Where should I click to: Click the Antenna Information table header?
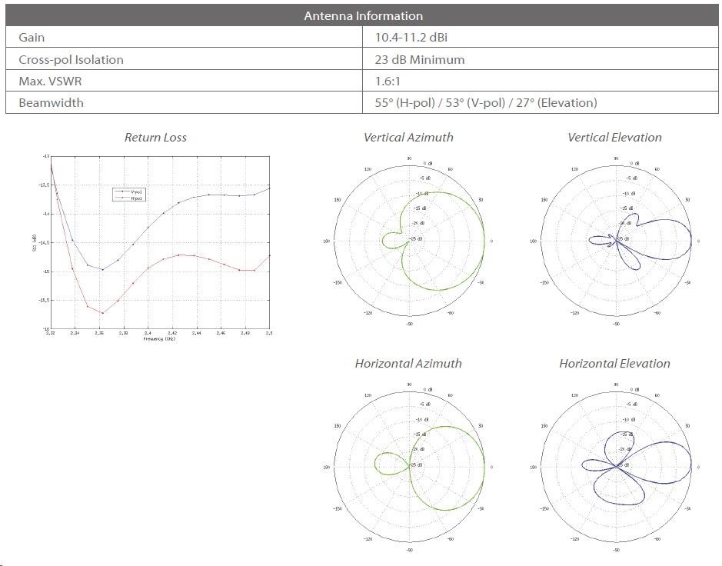363,15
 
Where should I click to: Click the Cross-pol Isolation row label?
71,59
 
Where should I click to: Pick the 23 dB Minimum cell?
420,59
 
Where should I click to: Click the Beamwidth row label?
51,102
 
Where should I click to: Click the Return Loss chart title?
155,138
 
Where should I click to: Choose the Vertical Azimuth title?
408,138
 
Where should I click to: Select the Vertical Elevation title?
614,138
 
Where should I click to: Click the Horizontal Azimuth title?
408,363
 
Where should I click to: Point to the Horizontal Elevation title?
614,363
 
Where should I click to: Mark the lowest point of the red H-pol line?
102,313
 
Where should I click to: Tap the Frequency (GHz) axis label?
159,339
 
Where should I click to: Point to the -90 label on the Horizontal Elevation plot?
616,551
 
